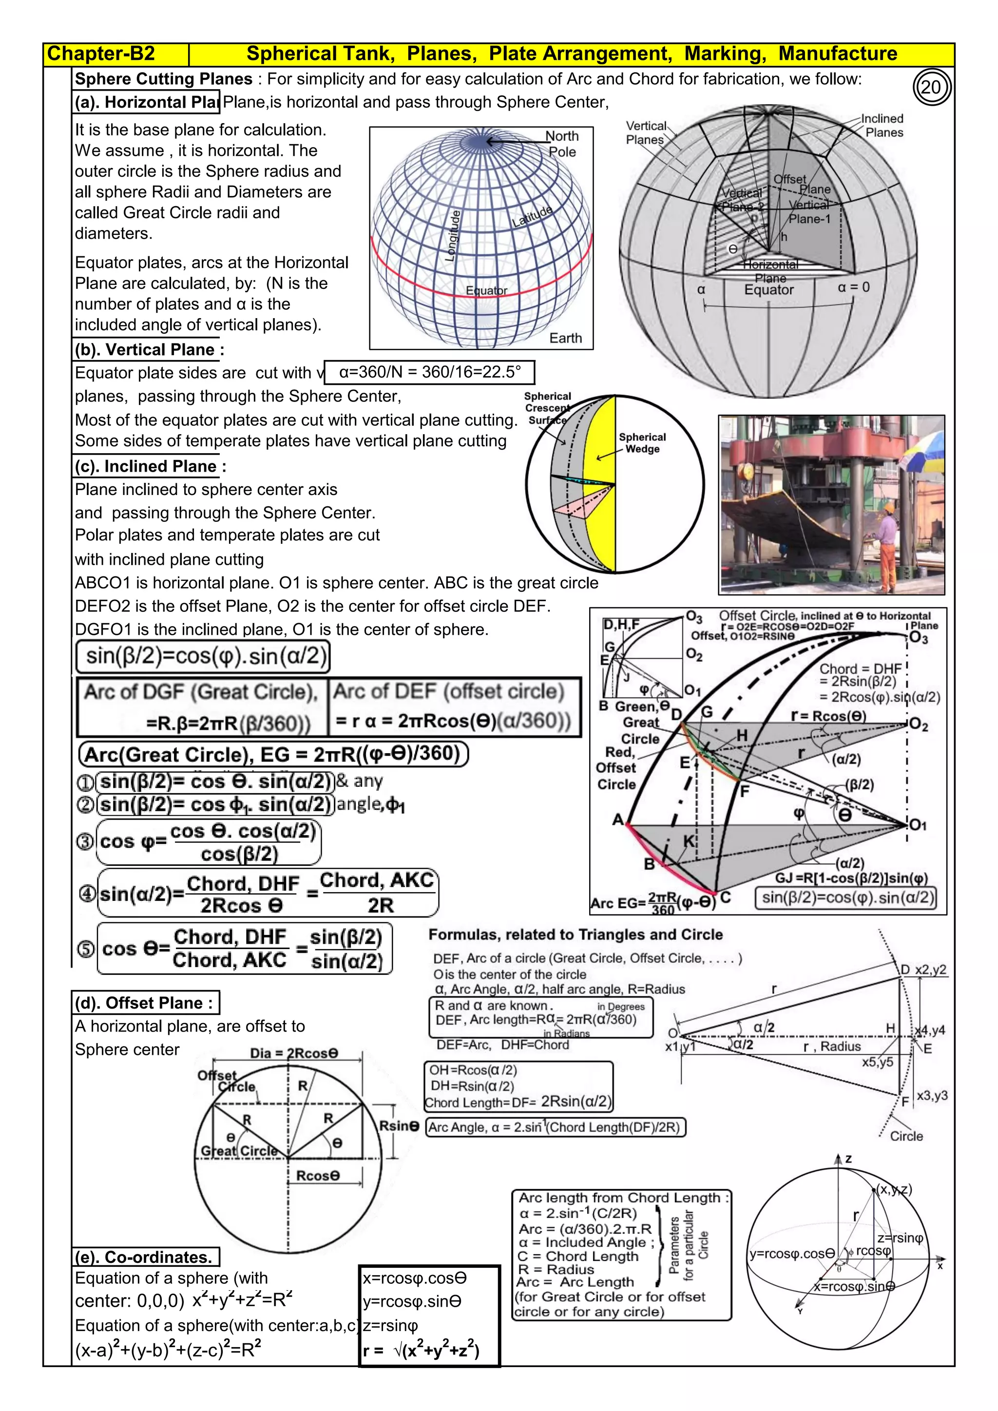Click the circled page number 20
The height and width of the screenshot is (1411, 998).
[x=931, y=87]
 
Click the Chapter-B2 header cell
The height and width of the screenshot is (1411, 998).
[x=101, y=54]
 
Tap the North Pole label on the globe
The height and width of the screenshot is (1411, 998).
[x=562, y=144]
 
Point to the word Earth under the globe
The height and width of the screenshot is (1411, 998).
[x=565, y=338]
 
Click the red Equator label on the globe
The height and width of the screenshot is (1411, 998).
[x=486, y=291]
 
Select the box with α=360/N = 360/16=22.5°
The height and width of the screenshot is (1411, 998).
[x=429, y=372]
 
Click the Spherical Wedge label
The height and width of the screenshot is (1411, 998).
[x=642, y=442]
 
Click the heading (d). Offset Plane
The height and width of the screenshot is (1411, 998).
[x=146, y=1003]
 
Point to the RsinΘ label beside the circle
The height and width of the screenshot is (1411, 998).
[x=399, y=1126]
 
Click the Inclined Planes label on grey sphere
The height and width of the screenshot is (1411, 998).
[x=883, y=125]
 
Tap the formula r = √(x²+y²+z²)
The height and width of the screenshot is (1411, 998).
[x=422, y=1350]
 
